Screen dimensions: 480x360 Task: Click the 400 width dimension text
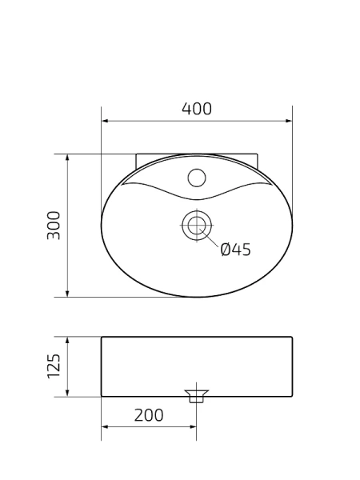coord(197,110)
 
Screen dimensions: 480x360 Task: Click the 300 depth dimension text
coord(54,226)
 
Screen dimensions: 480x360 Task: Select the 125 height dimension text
coord(54,366)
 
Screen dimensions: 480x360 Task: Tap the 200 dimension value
coord(149,414)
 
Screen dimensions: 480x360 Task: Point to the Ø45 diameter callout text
coord(235,250)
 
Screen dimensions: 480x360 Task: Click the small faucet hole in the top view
coord(197,176)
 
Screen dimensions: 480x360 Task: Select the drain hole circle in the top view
coord(196,225)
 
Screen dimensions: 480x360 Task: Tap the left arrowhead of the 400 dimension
coord(105,122)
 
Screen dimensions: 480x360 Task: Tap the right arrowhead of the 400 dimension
coord(289,122)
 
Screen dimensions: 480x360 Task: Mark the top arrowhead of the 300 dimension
coord(67,158)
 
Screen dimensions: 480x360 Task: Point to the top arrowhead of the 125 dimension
coord(67,340)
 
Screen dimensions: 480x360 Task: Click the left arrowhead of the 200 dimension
coord(105,426)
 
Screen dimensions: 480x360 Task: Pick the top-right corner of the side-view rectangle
coord(292,337)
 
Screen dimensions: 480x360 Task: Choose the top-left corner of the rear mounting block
coord(136,154)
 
